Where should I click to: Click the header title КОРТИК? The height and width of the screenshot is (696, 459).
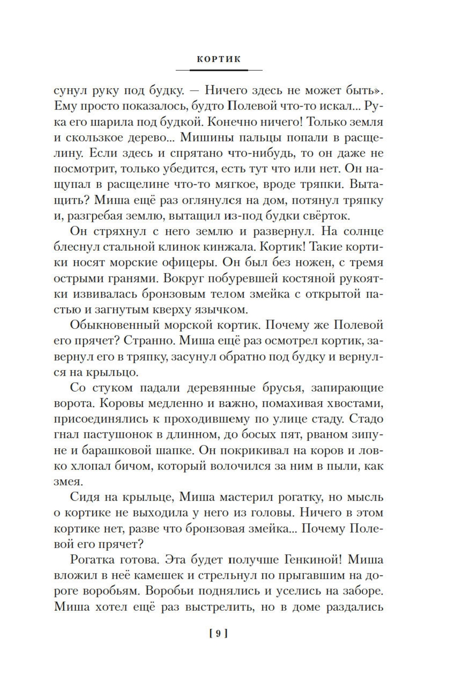(x=218, y=59)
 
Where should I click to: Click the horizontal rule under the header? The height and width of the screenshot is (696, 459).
(x=218, y=70)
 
